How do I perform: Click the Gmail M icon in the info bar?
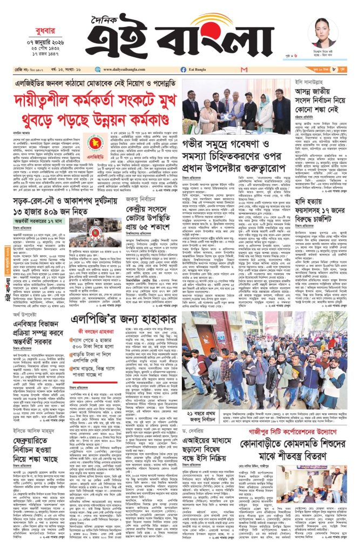(x=244, y=69)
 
